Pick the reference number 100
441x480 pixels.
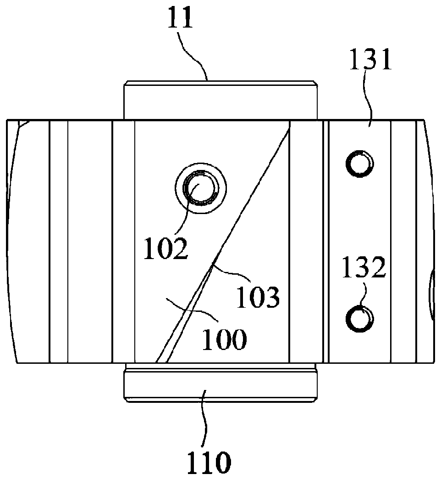point(224,340)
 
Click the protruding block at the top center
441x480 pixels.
point(220,100)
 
